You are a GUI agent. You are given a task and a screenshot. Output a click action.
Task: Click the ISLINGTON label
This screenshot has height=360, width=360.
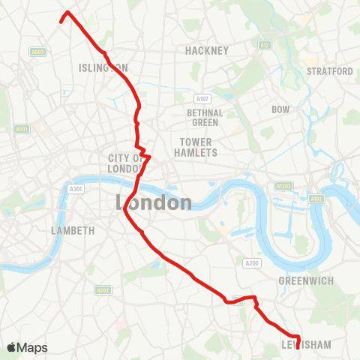103,67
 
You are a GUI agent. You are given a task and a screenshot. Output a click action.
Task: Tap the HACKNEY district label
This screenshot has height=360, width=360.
206,50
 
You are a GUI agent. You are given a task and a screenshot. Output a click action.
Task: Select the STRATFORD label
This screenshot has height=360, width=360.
329,71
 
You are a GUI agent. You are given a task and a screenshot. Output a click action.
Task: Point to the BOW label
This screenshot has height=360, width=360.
280,109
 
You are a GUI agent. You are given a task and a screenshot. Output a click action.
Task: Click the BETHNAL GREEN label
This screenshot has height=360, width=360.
202,118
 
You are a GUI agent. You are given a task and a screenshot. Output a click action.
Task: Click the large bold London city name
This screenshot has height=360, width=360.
154,202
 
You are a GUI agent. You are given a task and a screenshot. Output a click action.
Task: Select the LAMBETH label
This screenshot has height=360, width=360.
72,230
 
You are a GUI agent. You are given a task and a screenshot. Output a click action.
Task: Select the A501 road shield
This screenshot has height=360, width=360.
22,129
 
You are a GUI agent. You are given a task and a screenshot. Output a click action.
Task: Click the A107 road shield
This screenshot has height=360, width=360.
201,98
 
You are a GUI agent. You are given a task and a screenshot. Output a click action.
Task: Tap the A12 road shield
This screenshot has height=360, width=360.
264,45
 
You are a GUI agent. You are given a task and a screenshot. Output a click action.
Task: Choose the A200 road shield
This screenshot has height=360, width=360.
251,262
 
